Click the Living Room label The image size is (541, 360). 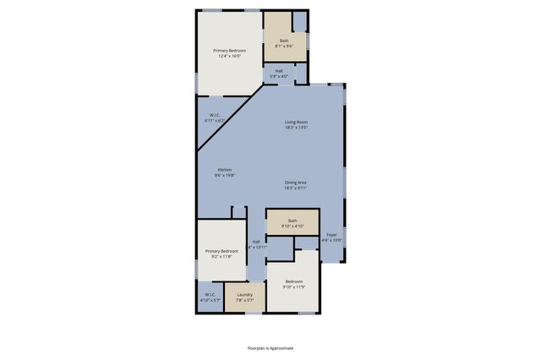click(296, 123)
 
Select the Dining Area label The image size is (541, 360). click(295, 182)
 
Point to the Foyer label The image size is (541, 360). click(332, 235)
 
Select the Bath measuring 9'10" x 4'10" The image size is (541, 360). click(292, 223)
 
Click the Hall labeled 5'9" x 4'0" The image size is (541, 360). click(279, 74)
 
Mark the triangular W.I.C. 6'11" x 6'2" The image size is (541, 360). click(213, 119)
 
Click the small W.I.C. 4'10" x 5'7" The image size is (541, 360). click(210, 297)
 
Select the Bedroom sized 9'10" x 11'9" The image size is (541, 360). click(293, 284)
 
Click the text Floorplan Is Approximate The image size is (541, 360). click(270, 347)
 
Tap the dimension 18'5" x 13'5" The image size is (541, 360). click(296, 128)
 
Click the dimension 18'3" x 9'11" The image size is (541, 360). click(295, 188)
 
